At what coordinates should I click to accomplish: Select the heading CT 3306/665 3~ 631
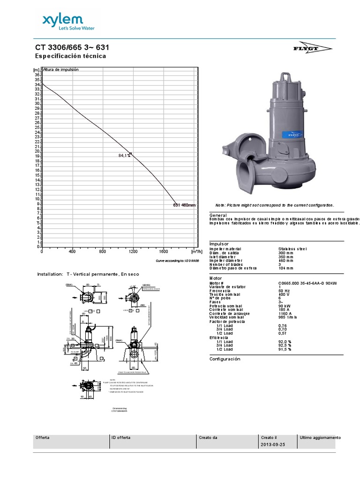pyautogui.click(x=74, y=48)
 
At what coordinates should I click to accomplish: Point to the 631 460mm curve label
pyautogui.click(x=184, y=205)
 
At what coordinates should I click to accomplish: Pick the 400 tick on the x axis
pyautogui.click(x=72, y=251)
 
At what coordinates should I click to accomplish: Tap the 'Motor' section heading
pyautogui.click(x=216, y=278)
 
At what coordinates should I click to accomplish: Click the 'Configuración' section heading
pyautogui.click(x=225, y=359)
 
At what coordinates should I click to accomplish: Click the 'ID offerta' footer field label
pyautogui.click(x=121, y=437)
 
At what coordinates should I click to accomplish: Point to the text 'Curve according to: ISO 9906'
pyautogui.click(x=177, y=260)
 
